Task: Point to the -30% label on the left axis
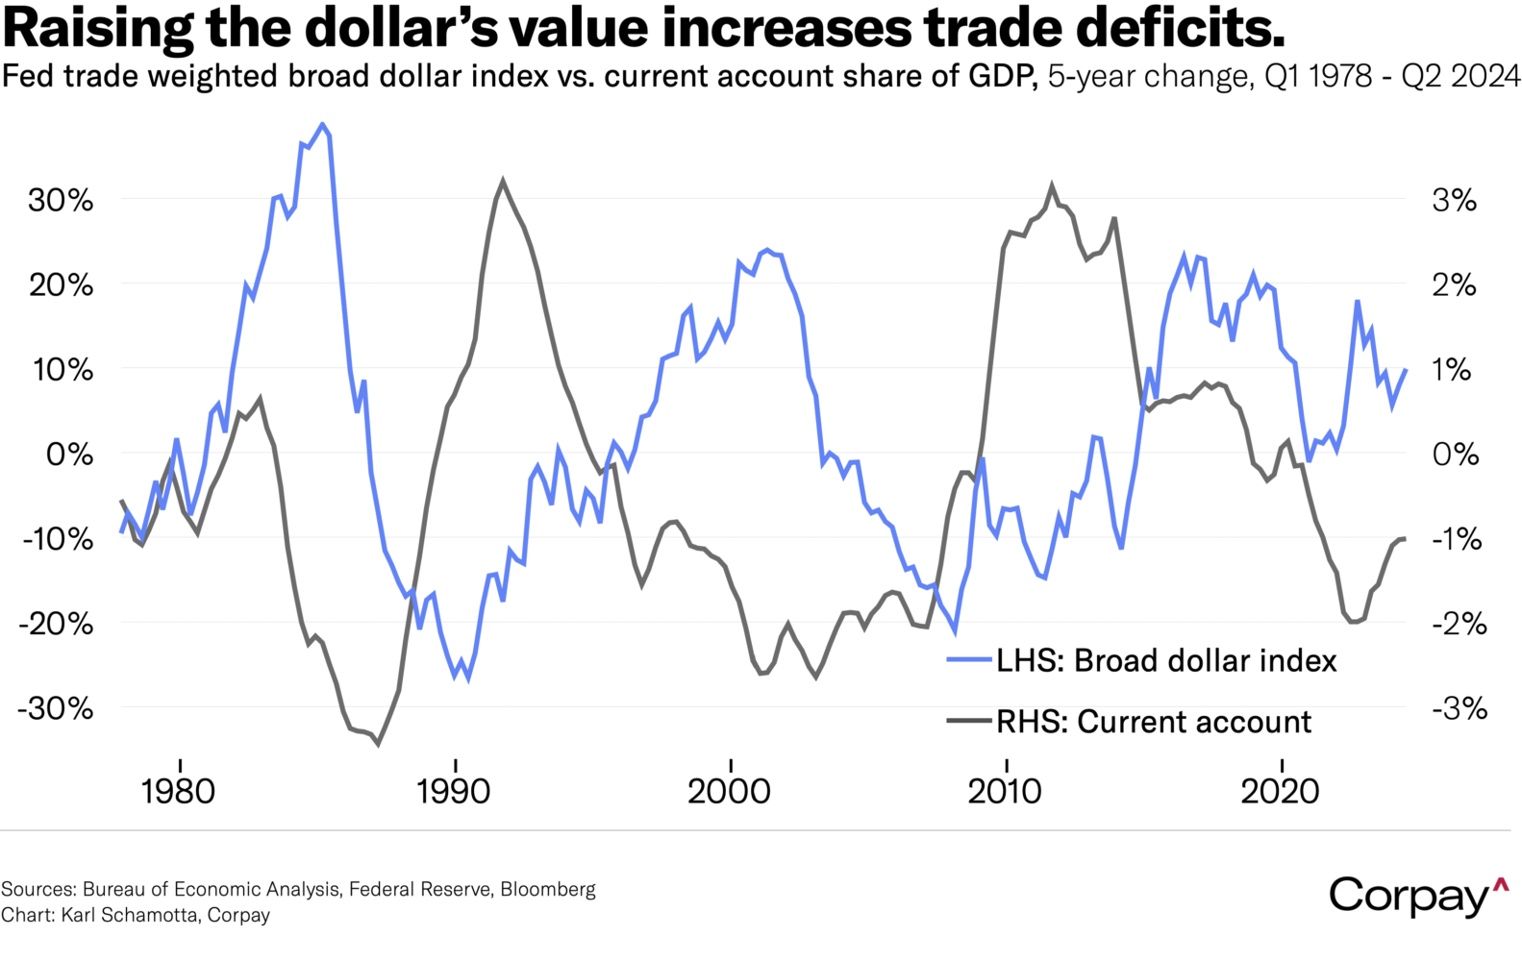pos(56,708)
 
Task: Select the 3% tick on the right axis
pos(1454,201)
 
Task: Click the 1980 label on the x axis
pos(178,791)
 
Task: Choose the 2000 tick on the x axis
pos(730,791)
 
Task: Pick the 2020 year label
pos(1281,791)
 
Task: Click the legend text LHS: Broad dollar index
pos(1166,660)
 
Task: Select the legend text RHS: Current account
pos(1154,722)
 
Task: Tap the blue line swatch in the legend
pos(969,660)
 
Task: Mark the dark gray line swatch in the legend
pos(969,720)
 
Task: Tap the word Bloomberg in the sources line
pos(548,889)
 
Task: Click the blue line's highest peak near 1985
pos(323,124)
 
